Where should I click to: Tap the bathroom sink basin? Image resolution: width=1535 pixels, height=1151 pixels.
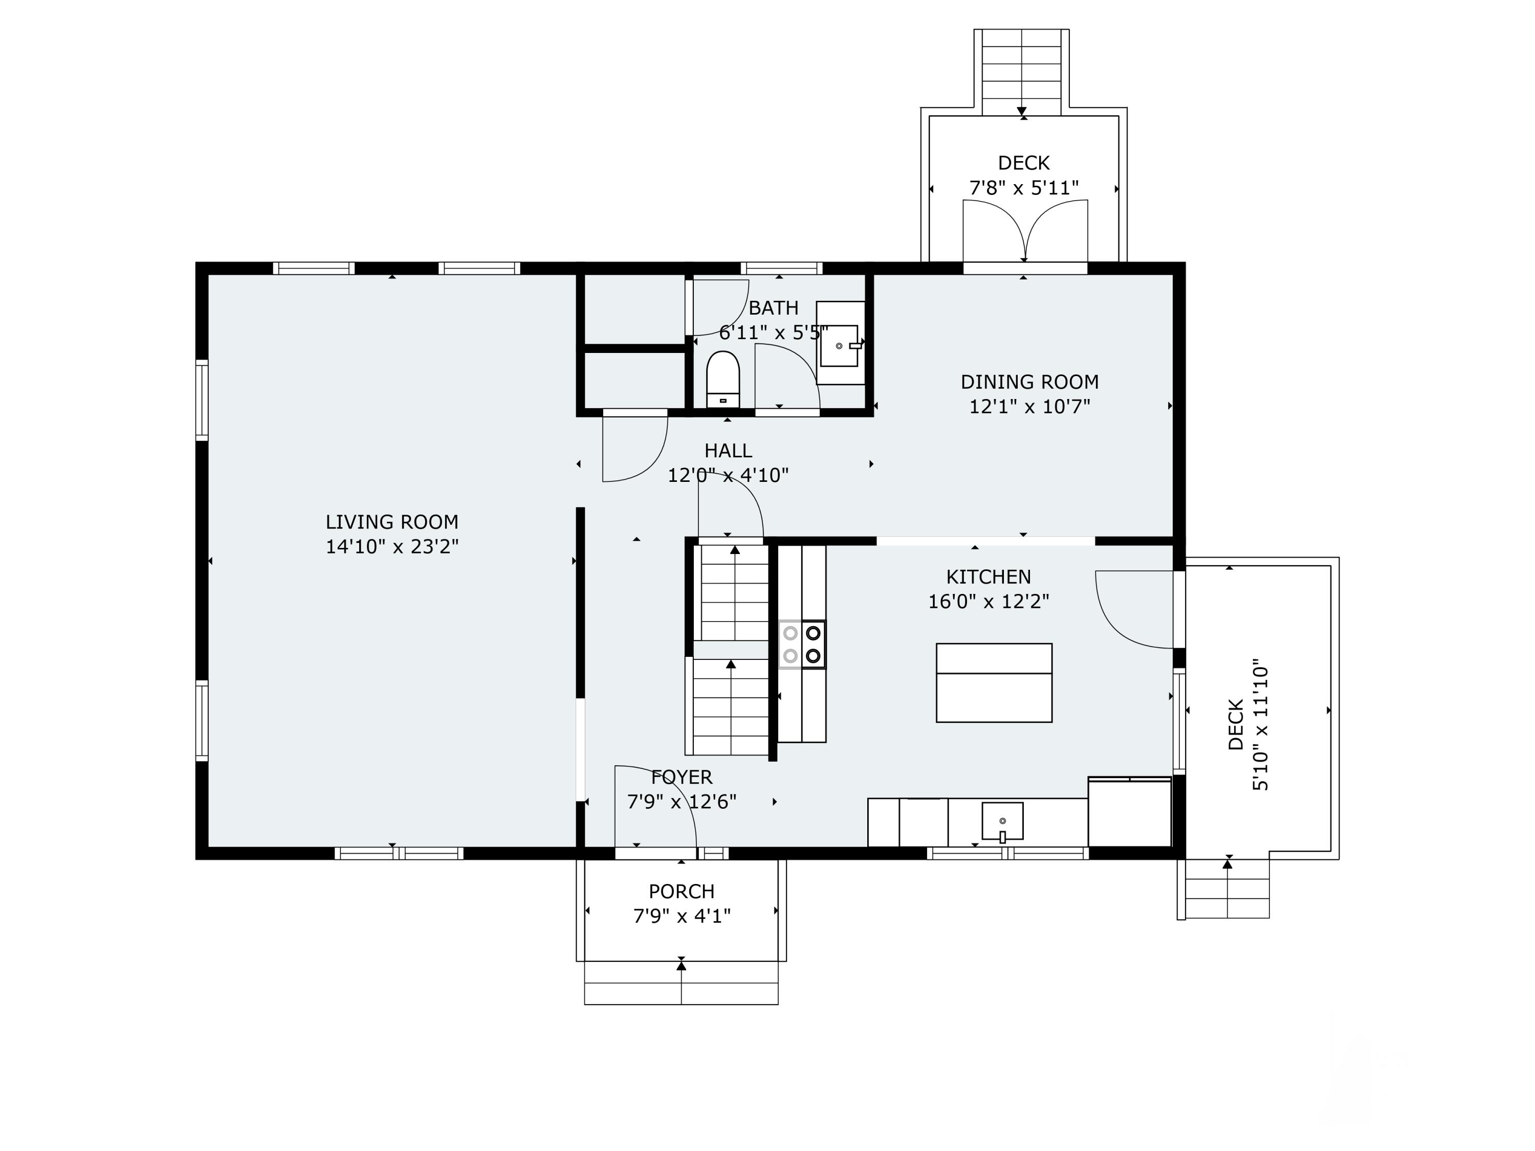(x=839, y=345)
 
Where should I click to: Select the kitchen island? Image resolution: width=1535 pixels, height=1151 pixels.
(x=994, y=683)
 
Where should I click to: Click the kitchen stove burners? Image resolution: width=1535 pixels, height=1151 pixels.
(x=802, y=645)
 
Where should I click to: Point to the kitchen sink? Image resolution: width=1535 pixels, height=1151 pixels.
(x=1002, y=822)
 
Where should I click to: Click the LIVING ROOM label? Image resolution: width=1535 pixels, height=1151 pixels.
(x=392, y=522)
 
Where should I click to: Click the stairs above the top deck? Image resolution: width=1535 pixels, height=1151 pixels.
(x=1021, y=72)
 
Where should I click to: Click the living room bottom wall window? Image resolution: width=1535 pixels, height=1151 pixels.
(x=399, y=853)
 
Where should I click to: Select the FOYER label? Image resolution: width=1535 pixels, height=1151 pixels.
(x=682, y=777)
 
